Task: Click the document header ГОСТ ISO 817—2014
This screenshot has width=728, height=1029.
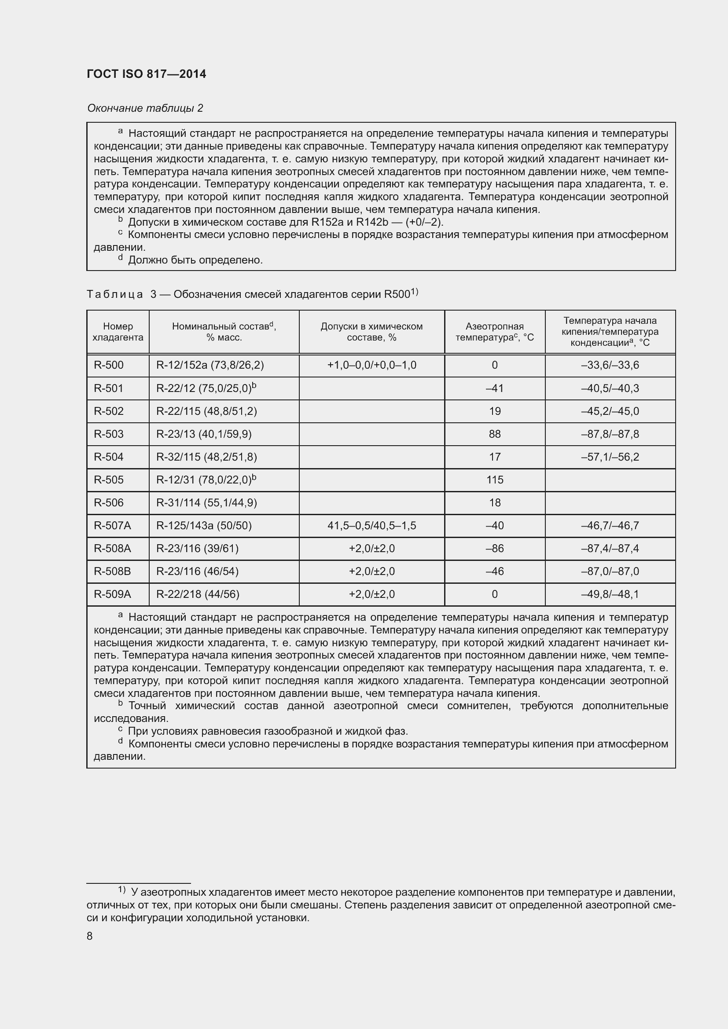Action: (x=146, y=74)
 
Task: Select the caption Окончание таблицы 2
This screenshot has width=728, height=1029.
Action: (x=145, y=108)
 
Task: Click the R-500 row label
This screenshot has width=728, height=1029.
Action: (x=108, y=365)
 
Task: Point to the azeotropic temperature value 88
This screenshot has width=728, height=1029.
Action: (x=494, y=434)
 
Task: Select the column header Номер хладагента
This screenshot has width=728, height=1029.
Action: (x=118, y=332)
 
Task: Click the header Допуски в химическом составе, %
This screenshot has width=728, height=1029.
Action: (x=371, y=332)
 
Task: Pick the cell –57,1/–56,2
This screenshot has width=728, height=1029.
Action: (x=610, y=457)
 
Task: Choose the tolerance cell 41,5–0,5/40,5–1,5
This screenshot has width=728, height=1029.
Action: (x=371, y=525)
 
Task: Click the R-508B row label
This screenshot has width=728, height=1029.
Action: (x=112, y=571)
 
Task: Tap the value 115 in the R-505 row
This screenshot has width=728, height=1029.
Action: (x=494, y=480)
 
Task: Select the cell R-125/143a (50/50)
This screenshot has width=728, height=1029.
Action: (x=203, y=525)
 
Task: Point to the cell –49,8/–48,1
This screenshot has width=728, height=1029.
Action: (x=610, y=594)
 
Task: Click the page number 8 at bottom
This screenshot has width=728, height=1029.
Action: (x=90, y=936)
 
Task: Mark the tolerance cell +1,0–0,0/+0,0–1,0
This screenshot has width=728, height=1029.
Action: (x=371, y=365)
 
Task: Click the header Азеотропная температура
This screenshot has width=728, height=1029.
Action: (x=494, y=332)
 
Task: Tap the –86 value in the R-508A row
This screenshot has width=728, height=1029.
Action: (x=494, y=548)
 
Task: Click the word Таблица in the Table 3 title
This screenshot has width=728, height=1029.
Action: (x=115, y=294)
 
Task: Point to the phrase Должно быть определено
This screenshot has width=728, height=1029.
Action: (x=195, y=260)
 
